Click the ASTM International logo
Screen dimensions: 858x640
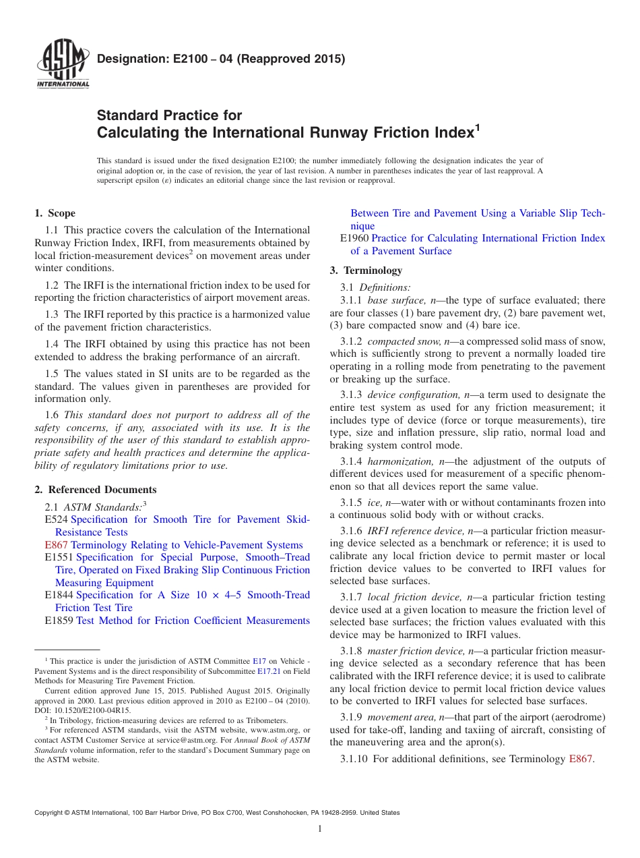(62, 65)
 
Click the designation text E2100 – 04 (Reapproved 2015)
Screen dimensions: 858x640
(221, 59)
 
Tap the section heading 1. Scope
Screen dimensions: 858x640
(55, 213)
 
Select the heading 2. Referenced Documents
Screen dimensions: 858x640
(96, 490)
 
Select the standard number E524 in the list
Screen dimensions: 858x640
(56, 519)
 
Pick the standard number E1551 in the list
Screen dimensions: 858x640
(59, 557)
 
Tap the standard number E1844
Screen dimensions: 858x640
(59, 595)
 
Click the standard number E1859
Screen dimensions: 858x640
(59, 621)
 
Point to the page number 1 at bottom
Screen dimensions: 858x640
(320, 828)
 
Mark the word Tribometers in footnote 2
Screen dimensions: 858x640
(263, 720)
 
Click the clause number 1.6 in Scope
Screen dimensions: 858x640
(53, 415)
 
